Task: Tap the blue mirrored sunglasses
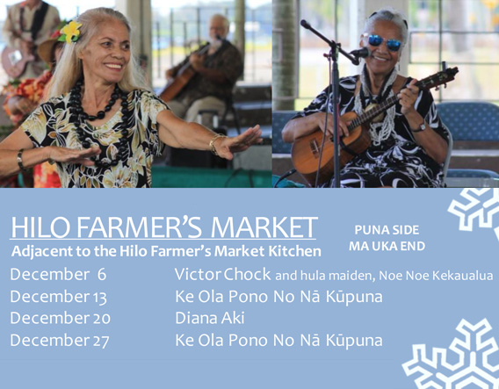tap(381, 41)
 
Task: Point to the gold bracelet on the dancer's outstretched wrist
tap(215, 143)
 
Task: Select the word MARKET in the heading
tap(264, 227)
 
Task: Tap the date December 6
tap(58, 275)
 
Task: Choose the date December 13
tap(58, 297)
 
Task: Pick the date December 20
tap(60, 319)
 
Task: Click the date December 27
tap(60, 341)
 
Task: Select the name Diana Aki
tap(210, 318)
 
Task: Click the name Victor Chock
tap(223, 274)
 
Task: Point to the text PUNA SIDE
tap(387, 230)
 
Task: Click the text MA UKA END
tap(387, 246)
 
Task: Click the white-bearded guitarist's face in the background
tap(219, 29)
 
